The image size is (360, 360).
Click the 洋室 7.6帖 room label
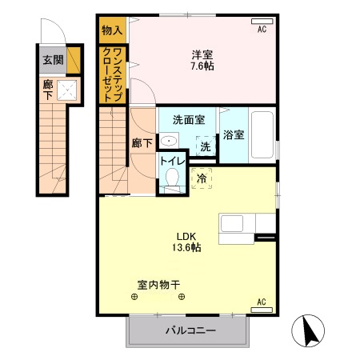pos(202,61)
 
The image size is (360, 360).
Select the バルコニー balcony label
pos(190,330)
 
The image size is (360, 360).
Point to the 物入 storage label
pos(112,31)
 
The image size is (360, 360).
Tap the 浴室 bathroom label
pos(234,135)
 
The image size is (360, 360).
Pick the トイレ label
pos(171,160)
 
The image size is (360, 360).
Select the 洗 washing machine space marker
pos(206,146)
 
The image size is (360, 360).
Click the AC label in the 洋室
pos(261,30)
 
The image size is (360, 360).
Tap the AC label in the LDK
pos(261,302)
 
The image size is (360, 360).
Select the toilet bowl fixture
pos(169,182)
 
